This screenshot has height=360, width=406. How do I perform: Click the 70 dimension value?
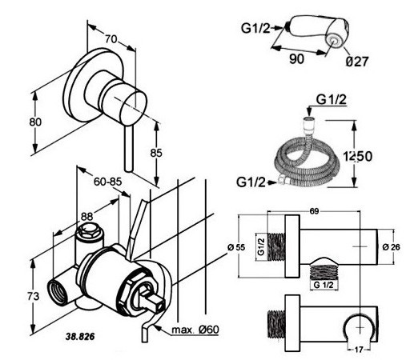click(x=111, y=39)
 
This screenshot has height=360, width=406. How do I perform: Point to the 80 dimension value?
click(x=35, y=122)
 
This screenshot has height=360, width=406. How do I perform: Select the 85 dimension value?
click(x=156, y=153)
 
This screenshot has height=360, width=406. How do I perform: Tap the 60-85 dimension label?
click(x=107, y=182)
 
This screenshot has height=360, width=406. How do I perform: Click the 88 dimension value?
click(x=86, y=216)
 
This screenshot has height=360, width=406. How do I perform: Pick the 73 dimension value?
click(x=33, y=296)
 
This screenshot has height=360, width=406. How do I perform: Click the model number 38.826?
click(x=80, y=337)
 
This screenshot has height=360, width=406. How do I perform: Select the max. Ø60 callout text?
click(x=195, y=330)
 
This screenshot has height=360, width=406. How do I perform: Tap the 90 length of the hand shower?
click(x=296, y=58)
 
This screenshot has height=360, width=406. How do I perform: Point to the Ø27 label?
click(x=357, y=62)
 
